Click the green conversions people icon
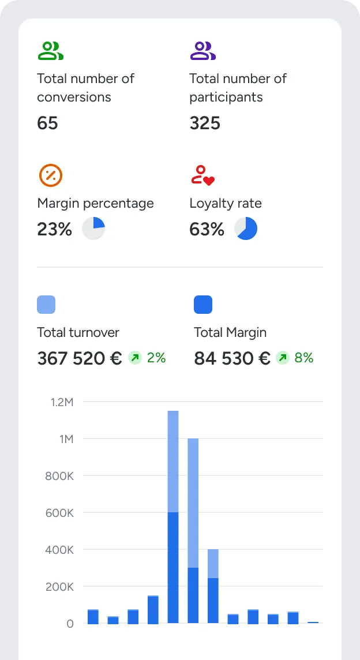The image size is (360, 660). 50,51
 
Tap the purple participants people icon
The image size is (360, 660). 202,51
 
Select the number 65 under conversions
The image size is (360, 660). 47,123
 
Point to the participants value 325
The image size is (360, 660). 205,123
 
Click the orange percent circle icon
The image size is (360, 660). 50,175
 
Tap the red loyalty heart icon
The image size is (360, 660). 202,175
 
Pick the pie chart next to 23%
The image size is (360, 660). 93,229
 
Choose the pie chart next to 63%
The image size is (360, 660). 246,229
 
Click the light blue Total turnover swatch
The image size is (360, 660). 46,305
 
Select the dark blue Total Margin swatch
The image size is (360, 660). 203,305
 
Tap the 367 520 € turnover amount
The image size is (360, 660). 80,358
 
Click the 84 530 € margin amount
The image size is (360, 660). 232,358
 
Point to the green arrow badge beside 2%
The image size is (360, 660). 135,358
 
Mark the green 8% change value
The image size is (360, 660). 304,358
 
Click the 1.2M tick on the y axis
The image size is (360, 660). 62,402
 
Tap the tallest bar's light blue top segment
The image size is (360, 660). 173,461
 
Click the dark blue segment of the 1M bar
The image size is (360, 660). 193,595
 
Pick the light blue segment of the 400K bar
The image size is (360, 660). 213,564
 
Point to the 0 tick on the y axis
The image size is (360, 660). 70,624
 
